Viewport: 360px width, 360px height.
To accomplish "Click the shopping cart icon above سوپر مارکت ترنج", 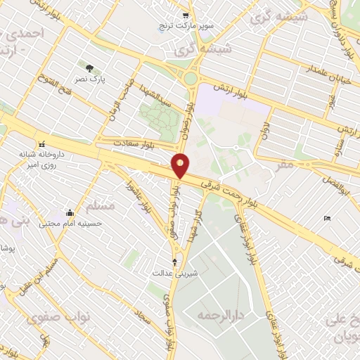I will pyautogui.click(x=185, y=15).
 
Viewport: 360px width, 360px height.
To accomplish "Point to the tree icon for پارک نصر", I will pyautogui.click(x=89, y=67).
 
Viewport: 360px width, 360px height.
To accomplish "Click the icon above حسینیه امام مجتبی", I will pyautogui.click(x=70, y=213).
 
